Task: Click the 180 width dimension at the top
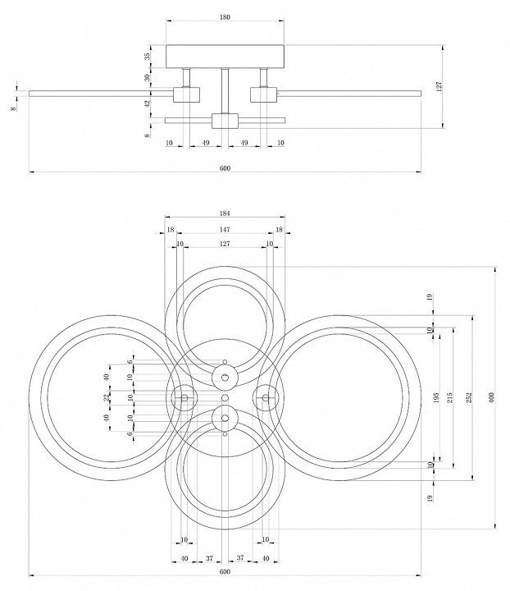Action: (225, 16)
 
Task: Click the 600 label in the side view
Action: (225, 167)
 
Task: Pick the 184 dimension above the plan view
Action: (225, 216)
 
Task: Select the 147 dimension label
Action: (225, 230)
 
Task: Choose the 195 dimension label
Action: (436, 397)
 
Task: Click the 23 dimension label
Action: (106, 397)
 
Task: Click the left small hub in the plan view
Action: (184, 397)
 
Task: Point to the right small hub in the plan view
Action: (265, 397)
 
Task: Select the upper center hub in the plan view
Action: (225, 377)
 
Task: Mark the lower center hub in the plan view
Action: (225, 418)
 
